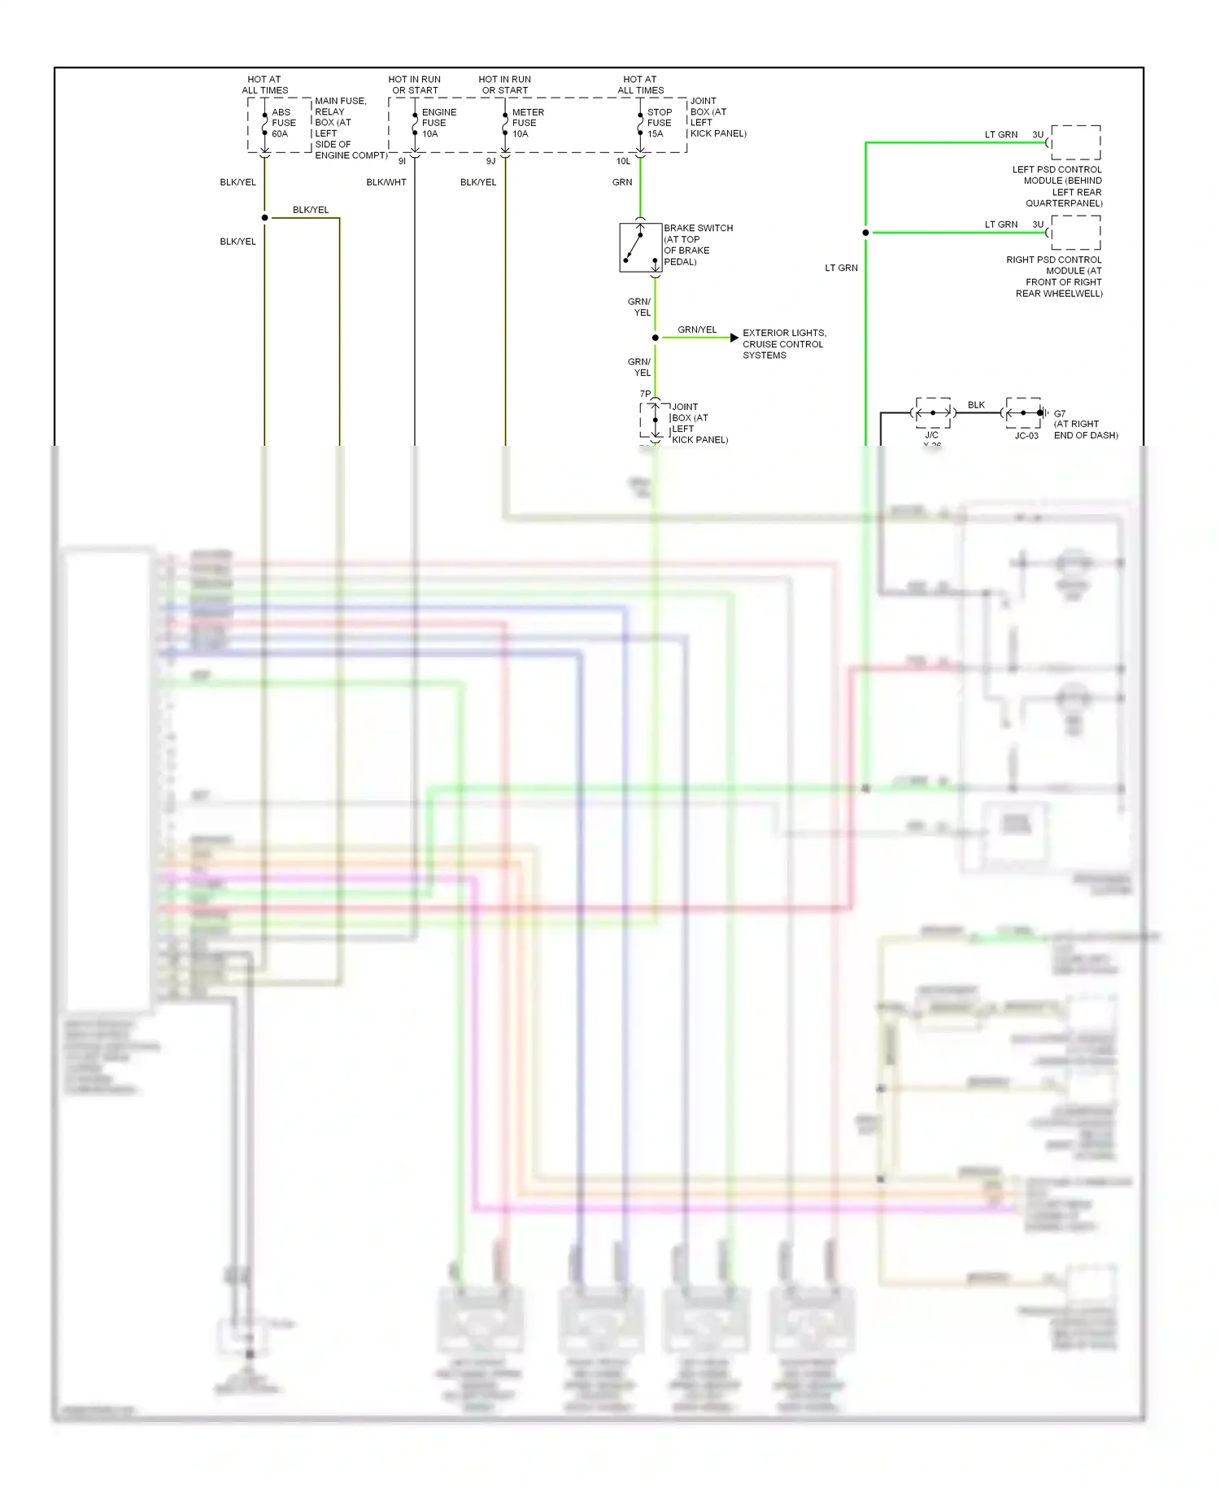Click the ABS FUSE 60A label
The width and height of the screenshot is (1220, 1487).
point(283,123)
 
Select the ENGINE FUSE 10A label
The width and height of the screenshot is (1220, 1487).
point(438,123)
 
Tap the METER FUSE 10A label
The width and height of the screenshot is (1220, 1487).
point(527,123)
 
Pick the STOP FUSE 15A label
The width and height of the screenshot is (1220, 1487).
point(659,123)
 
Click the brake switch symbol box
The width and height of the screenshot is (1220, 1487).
point(640,247)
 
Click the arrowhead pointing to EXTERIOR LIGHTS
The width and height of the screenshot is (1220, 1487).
point(734,338)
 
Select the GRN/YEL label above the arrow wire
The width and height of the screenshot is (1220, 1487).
point(697,329)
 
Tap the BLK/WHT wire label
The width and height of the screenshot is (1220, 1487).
point(386,182)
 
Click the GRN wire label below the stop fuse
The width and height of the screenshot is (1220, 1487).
point(622,182)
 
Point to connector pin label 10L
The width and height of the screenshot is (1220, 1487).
point(623,161)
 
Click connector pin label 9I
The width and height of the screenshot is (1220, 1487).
point(402,161)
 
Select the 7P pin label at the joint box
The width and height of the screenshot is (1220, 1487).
point(645,394)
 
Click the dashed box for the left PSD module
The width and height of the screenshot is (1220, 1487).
point(1075,142)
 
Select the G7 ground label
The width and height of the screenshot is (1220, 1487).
point(1060,413)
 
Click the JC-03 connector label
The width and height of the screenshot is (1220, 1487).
point(1026,436)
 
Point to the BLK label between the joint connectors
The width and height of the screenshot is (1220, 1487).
point(976,404)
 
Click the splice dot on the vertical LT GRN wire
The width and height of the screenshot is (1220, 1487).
point(865,233)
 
